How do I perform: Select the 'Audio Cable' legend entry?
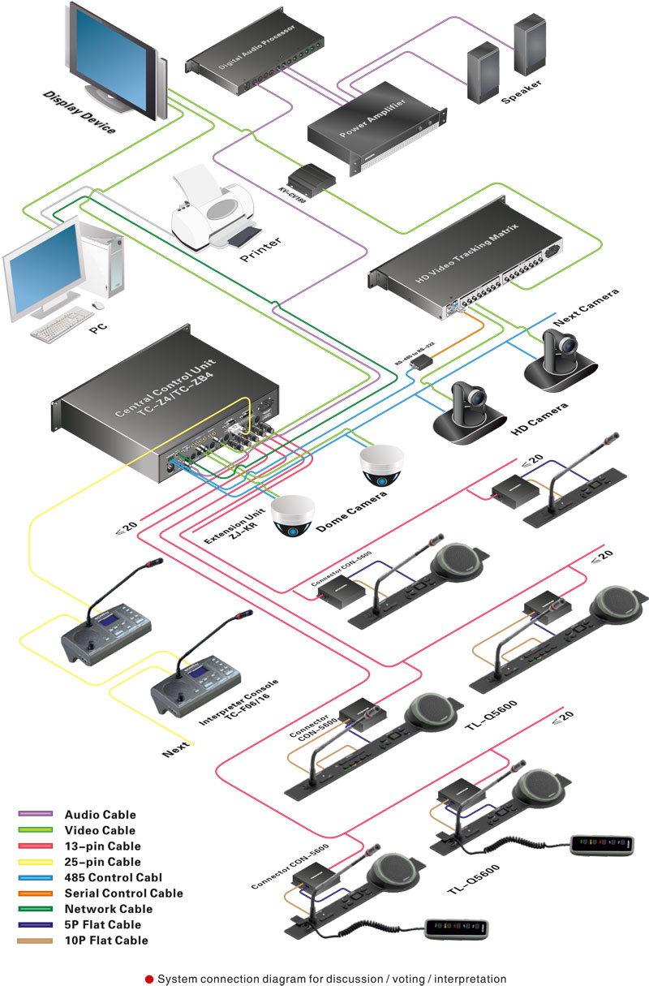(x=100, y=814)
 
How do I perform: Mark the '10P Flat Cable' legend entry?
(x=106, y=941)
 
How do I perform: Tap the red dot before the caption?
(x=149, y=980)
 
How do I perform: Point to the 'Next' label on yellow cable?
(x=176, y=750)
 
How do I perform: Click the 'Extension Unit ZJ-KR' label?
(x=230, y=532)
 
